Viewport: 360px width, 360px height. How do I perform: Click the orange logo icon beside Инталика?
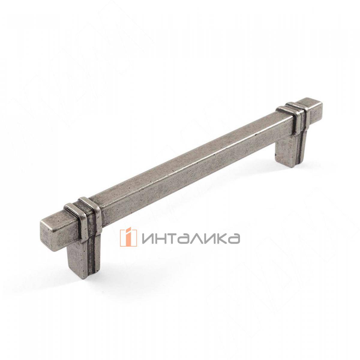pos(128,238)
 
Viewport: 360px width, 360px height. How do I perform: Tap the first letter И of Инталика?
pos(149,238)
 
